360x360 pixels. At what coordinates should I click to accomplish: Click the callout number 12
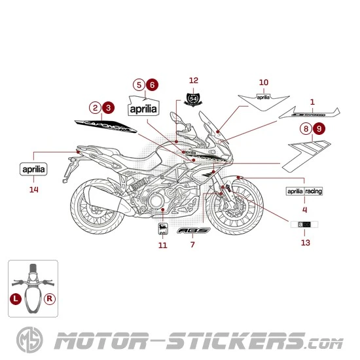(x=193, y=81)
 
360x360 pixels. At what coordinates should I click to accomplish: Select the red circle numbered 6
(x=152, y=84)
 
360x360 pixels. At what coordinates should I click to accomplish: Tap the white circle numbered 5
(x=138, y=84)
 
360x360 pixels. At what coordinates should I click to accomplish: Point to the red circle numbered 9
(x=319, y=128)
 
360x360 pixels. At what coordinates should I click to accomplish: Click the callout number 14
(x=34, y=190)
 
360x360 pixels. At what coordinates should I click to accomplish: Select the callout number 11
(x=162, y=245)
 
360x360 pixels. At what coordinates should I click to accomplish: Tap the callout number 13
(x=306, y=243)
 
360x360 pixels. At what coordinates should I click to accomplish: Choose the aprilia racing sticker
(x=304, y=191)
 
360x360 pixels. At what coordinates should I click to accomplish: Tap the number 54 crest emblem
(x=193, y=99)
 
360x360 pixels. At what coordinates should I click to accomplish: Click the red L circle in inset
(x=15, y=298)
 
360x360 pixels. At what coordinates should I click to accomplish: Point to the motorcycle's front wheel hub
(x=234, y=210)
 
